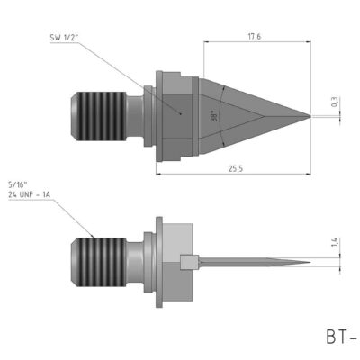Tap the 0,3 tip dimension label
tap(336, 105)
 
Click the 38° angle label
tap(212, 116)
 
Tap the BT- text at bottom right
tap(339, 337)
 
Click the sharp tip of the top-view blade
tap(310, 116)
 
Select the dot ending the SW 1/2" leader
tap(183, 115)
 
